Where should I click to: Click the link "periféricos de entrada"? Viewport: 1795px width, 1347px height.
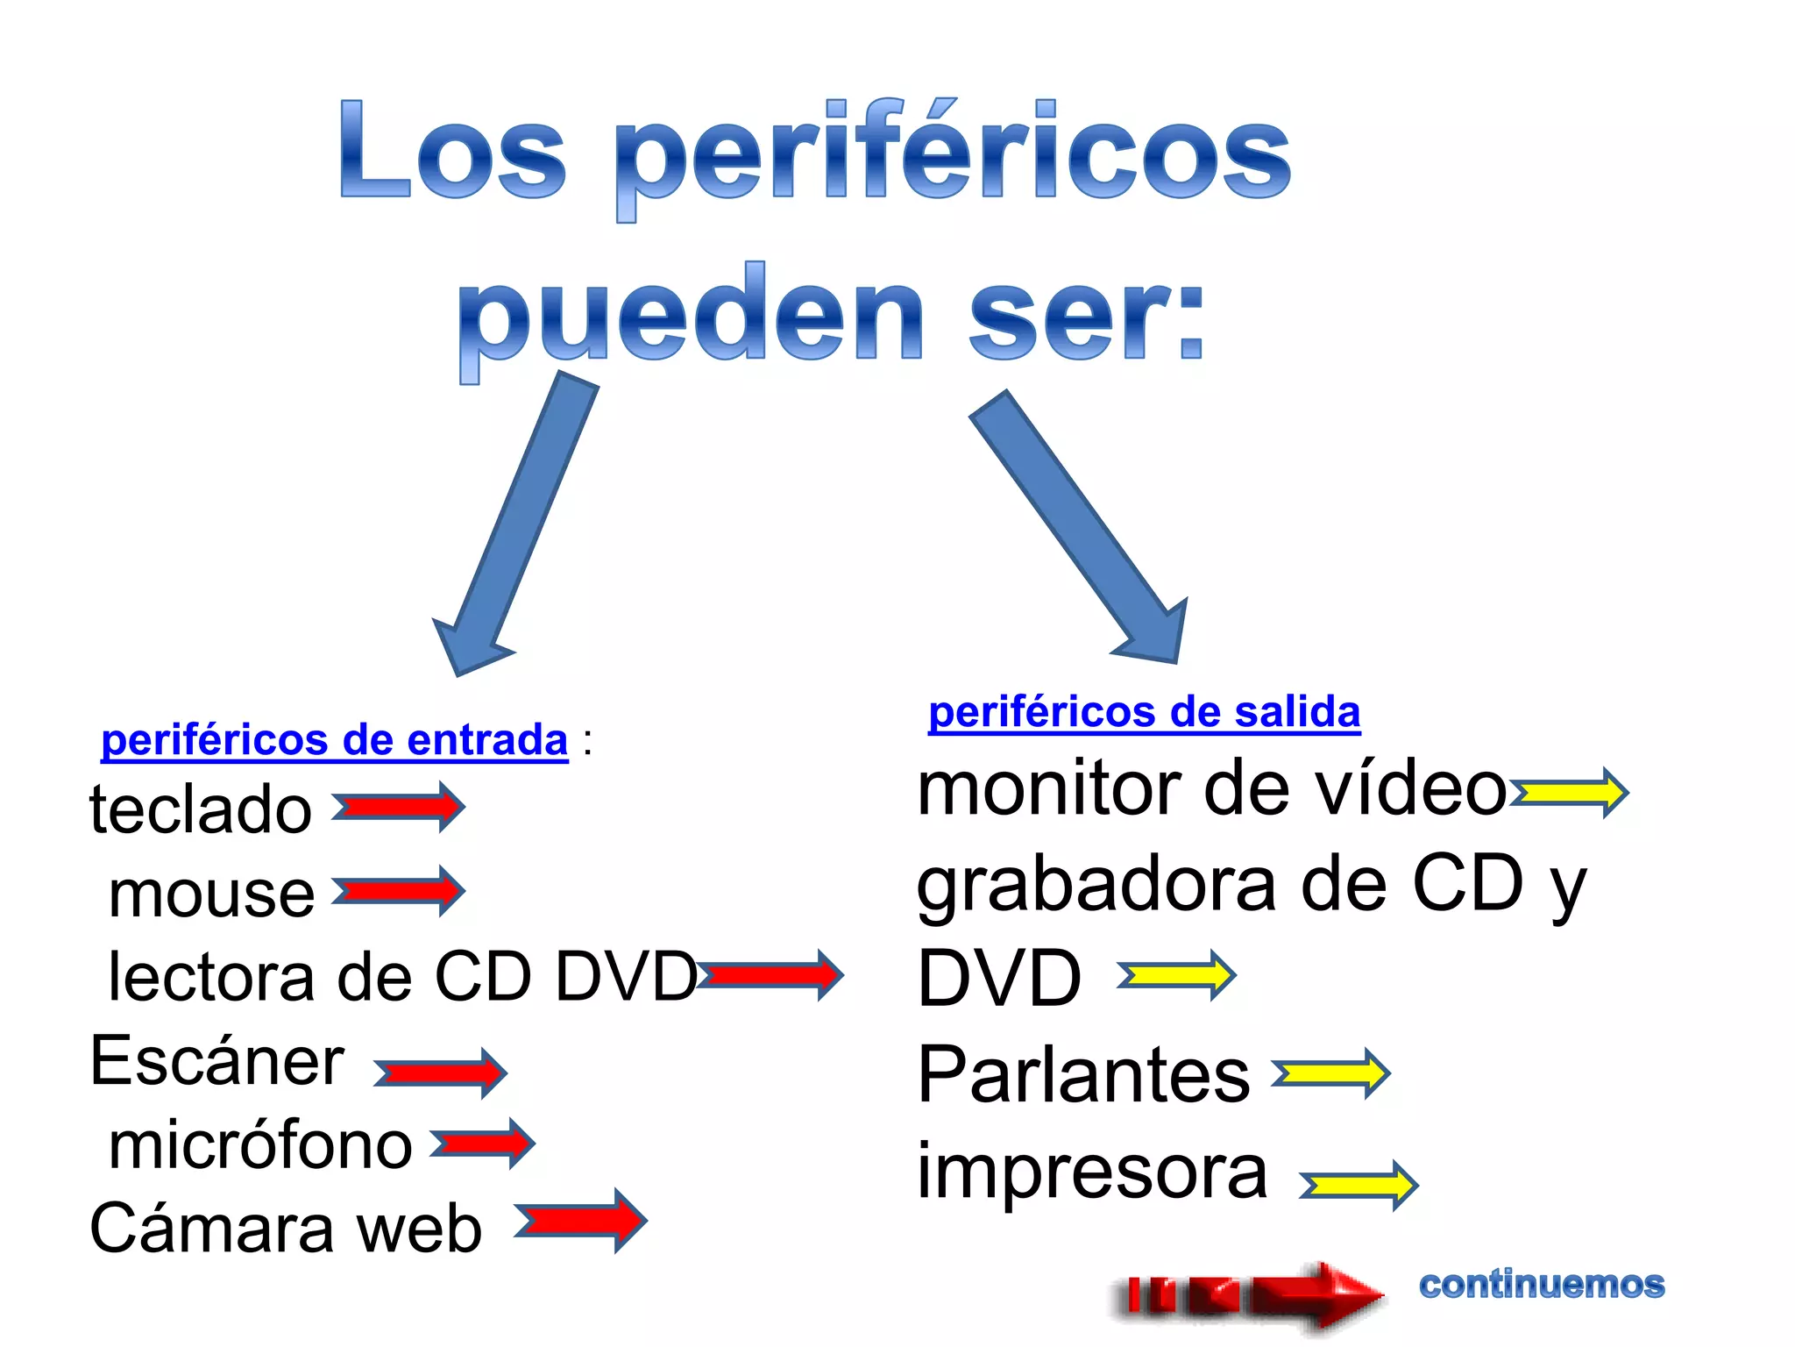(334, 740)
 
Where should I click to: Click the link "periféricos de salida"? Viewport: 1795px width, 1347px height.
(1144, 711)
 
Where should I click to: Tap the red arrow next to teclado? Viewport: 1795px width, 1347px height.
(399, 807)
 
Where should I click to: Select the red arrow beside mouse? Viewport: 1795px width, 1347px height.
(399, 891)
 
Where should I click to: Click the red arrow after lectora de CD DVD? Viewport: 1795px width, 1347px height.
(771, 974)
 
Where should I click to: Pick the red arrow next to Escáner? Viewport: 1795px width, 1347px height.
(441, 1073)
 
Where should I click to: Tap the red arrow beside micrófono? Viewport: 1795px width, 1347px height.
(483, 1144)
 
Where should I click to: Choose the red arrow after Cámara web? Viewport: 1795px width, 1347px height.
(581, 1220)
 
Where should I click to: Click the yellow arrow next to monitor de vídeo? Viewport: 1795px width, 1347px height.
(1569, 793)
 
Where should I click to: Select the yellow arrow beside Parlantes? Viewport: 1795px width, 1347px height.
(1330, 1073)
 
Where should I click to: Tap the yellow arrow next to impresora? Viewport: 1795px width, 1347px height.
(1359, 1186)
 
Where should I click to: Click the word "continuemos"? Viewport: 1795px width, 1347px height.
(1542, 1285)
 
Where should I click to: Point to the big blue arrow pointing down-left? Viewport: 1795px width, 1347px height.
(517, 526)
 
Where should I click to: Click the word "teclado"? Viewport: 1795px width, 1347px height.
(201, 809)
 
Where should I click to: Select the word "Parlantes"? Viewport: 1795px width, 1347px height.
(1083, 1074)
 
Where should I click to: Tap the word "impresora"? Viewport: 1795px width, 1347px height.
(1092, 1172)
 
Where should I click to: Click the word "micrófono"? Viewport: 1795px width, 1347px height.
(260, 1145)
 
